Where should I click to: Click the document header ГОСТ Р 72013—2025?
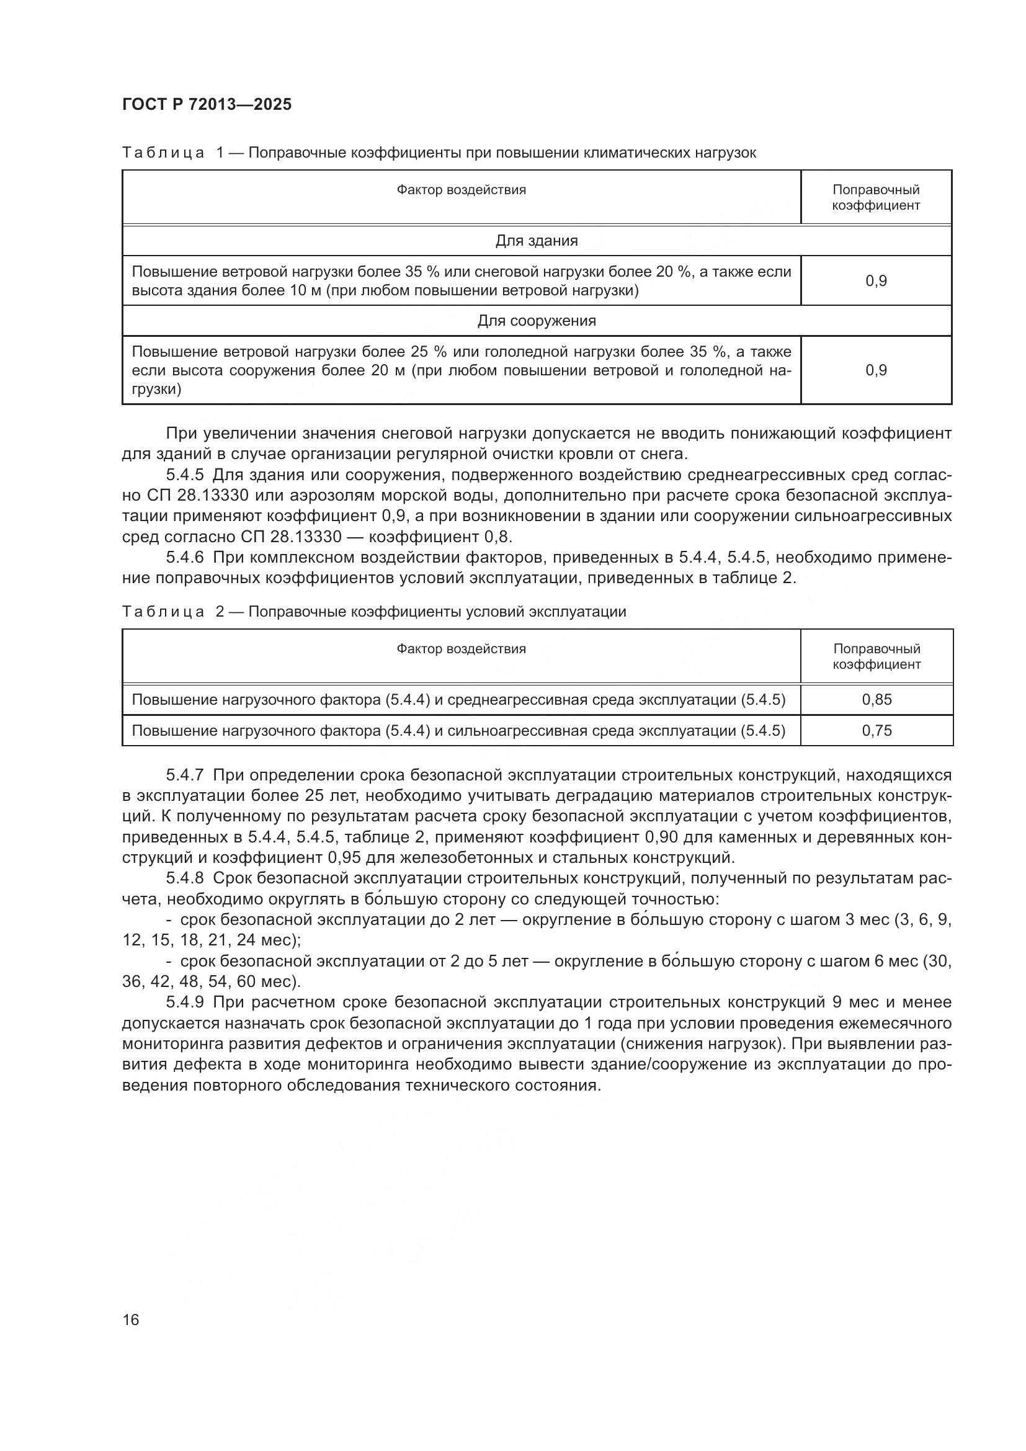pos(207,105)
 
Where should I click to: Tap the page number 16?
pos(131,1319)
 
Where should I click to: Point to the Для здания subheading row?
pos(537,241)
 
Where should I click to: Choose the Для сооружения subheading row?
pos(537,321)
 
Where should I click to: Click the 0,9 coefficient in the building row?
pos(876,281)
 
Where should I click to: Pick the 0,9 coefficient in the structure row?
pos(876,370)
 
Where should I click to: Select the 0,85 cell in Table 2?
pos(877,700)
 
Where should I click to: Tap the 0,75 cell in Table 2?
pos(877,731)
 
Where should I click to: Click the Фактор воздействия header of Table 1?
pos(461,190)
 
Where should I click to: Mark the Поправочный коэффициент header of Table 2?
pos(877,656)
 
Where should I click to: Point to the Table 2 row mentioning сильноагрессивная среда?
pos(458,731)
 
